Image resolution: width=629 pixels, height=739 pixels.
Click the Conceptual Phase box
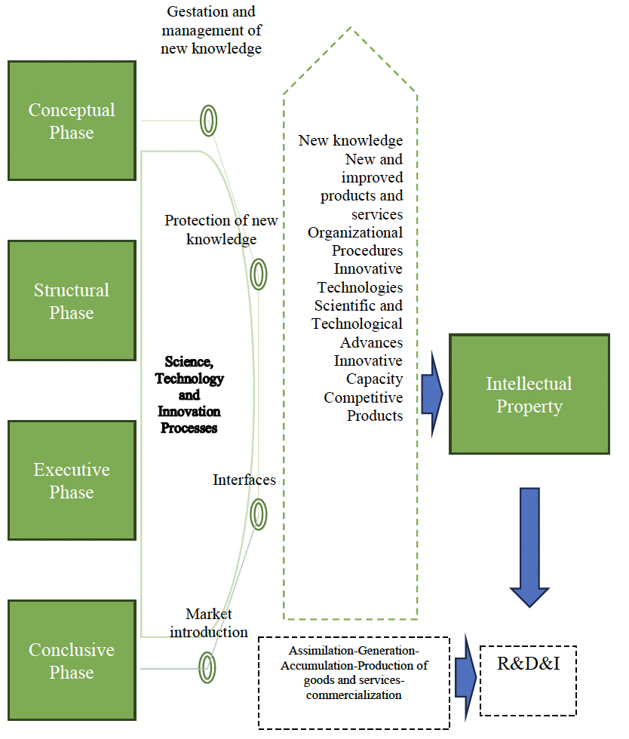(x=72, y=121)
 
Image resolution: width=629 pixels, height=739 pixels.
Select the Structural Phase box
(x=72, y=301)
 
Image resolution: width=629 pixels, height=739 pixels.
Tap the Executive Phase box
(x=72, y=480)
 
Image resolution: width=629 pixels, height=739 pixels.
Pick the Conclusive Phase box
(x=72, y=661)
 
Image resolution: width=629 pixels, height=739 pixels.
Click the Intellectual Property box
(x=529, y=394)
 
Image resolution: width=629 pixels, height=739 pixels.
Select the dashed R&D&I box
(x=528, y=680)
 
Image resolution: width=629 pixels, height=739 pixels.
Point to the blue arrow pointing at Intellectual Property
(x=431, y=394)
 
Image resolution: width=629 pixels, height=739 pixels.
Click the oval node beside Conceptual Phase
(x=208, y=119)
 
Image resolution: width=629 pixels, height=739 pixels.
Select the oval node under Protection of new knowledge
(x=258, y=274)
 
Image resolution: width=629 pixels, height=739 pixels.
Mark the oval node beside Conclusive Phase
(x=207, y=667)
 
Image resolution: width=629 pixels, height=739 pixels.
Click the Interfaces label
(x=244, y=480)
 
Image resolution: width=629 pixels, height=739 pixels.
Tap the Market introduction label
(x=209, y=623)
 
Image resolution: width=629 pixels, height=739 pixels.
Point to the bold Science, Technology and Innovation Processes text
(x=189, y=394)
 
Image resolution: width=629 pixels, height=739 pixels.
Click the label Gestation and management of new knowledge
(x=211, y=30)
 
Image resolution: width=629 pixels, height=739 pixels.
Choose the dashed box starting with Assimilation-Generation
(x=354, y=682)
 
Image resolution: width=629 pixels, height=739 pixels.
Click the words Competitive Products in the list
(x=364, y=406)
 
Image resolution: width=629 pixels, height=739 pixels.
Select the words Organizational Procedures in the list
(x=355, y=241)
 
